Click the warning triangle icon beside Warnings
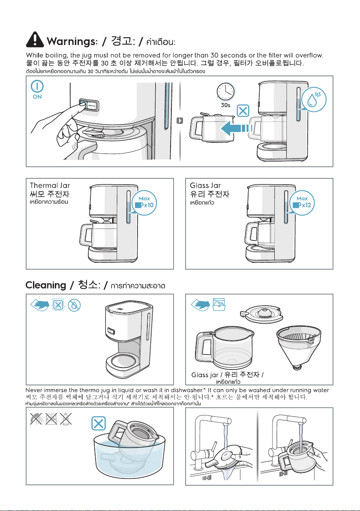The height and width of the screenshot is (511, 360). pos(35,39)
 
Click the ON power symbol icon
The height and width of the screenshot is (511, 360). pos(37,86)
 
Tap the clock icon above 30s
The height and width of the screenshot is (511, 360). pos(226,91)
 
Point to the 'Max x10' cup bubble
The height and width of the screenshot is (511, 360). pos(144,203)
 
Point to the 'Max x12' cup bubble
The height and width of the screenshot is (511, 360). pos(302,203)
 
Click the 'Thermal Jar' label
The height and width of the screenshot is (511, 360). pos(50,186)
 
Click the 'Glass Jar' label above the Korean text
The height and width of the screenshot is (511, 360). pos(205,186)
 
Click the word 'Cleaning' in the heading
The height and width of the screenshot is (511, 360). pos(46,285)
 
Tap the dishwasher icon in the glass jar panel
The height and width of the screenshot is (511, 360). pos(219,304)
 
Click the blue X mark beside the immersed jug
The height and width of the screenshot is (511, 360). pos(99,424)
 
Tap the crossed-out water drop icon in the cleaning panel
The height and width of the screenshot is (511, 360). pos(74,305)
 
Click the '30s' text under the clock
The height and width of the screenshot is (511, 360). pos(225,105)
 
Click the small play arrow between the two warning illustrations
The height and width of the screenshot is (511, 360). pos(180,120)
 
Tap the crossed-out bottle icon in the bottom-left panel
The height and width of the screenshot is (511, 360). pos(66,419)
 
